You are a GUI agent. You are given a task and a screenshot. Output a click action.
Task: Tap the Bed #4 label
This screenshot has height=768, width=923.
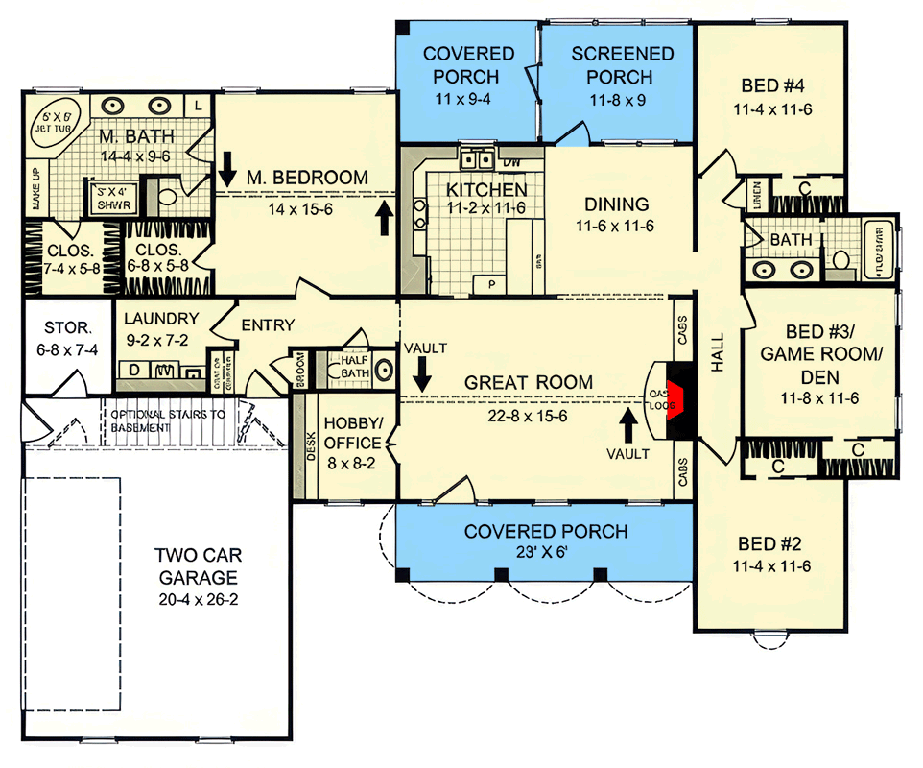coord(772,84)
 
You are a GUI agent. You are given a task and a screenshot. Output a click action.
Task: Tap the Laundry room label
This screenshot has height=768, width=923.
coord(161,319)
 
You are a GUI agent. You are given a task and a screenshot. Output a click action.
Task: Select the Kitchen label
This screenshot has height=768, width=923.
coord(486,189)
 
